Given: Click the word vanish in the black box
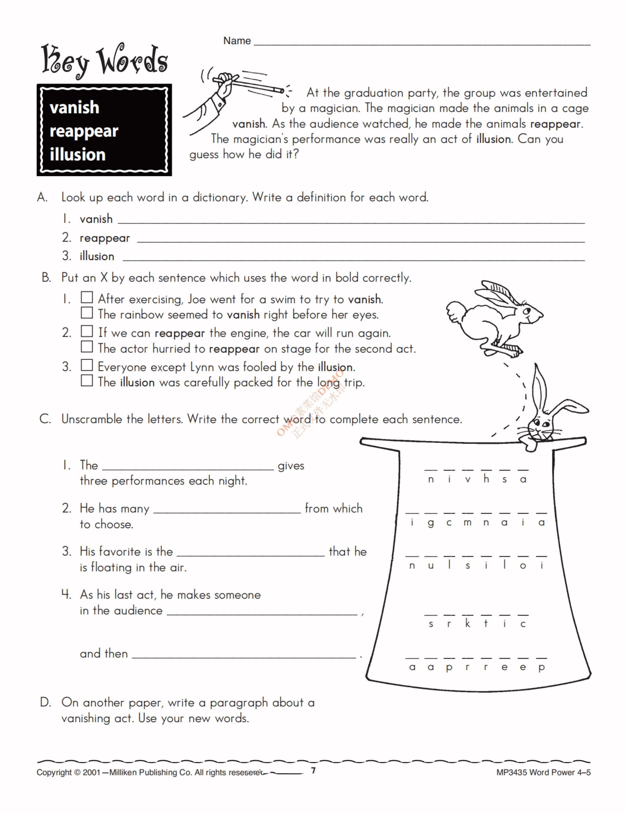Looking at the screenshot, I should pos(74,108).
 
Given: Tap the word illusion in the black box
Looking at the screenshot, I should pos(77,155).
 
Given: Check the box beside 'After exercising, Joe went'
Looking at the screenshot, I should pos(87,297).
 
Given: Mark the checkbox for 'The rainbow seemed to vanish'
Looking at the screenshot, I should pos(87,313).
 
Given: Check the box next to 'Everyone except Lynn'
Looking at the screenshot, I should pos(87,365).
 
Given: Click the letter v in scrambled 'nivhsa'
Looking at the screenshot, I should pos(468,480).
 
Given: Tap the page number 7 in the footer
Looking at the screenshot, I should pos(313,770).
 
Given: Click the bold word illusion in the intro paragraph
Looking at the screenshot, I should pos(494,139).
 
